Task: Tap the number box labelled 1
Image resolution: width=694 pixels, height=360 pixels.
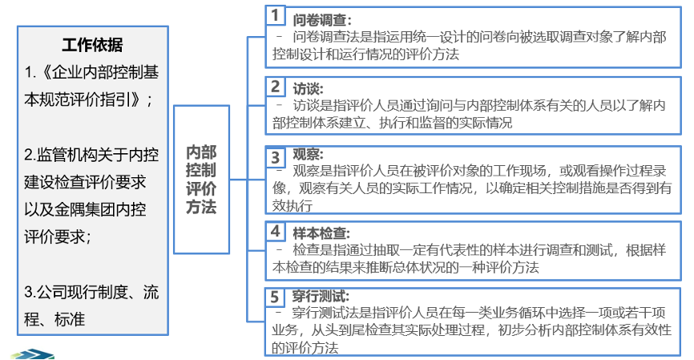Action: click(x=274, y=15)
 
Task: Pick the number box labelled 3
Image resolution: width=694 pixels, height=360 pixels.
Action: click(x=275, y=158)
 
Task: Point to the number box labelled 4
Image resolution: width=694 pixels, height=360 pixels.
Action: click(x=275, y=231)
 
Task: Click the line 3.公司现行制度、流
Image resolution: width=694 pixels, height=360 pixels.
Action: click(x=91, y=292)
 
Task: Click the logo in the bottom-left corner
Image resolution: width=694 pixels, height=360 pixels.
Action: click(x=34, y=354)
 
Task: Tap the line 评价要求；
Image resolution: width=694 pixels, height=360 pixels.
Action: click(x=58, y=236)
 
